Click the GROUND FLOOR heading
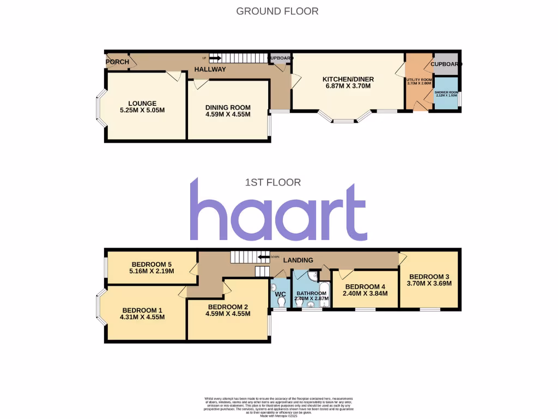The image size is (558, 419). coord(277,11)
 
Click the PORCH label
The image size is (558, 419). coord(117,62)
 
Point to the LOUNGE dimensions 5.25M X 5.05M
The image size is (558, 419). coord(142,110)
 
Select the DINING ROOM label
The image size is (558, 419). coord(227,107)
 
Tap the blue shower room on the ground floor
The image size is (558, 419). coord(445,95)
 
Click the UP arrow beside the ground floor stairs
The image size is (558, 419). coord(214,58)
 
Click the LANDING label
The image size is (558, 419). coord(298,260)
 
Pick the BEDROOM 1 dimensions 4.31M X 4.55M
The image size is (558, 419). coord(142,317)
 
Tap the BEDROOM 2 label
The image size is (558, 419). coord(228,307)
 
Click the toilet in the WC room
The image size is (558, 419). coord(281,301)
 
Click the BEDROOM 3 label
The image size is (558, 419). coord(429,276)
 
